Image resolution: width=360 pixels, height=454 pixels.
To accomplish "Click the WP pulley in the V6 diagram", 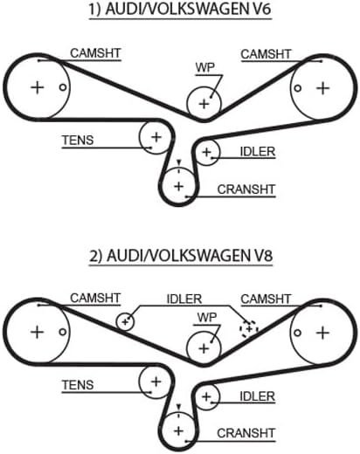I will pos(204,103).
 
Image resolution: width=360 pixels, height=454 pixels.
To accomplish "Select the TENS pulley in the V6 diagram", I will pos(156,137).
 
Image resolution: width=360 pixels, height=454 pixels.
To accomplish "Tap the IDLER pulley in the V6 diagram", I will pos(206,154).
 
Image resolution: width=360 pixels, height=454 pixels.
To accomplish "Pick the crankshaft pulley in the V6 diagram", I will pos(178,185).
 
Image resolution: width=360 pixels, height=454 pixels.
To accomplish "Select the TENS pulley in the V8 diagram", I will pos(156,382).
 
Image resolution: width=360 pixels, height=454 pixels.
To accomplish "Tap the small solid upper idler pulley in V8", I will pos(127,320).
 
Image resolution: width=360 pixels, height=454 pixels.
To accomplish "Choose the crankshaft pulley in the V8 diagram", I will pos(178,430).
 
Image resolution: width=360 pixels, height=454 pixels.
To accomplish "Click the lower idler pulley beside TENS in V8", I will pos(206,398).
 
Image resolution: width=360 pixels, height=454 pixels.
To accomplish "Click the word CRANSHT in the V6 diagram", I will pos(246,189).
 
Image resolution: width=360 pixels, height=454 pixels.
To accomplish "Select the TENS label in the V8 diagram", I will pos(78,384).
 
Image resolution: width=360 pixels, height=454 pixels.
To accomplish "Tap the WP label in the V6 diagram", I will pos(204,66).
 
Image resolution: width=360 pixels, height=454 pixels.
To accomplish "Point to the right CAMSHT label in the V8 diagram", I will pos(266,299).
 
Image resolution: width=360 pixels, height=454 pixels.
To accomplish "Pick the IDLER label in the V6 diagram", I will pos(257,152).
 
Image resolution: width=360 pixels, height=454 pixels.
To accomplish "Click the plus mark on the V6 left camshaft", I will pos(37,87).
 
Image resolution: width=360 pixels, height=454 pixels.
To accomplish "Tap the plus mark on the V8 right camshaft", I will pos(322,333).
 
